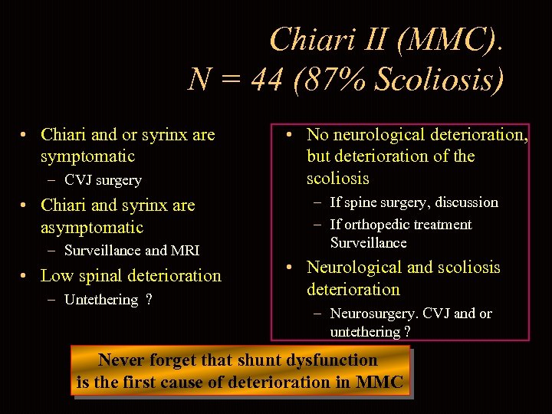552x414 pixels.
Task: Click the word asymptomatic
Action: [x=92, y=227]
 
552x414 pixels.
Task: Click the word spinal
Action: [x=103, y=276]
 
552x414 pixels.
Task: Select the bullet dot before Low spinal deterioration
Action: [x=25, y=276]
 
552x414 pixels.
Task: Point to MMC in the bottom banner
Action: [x=379, y=382]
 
